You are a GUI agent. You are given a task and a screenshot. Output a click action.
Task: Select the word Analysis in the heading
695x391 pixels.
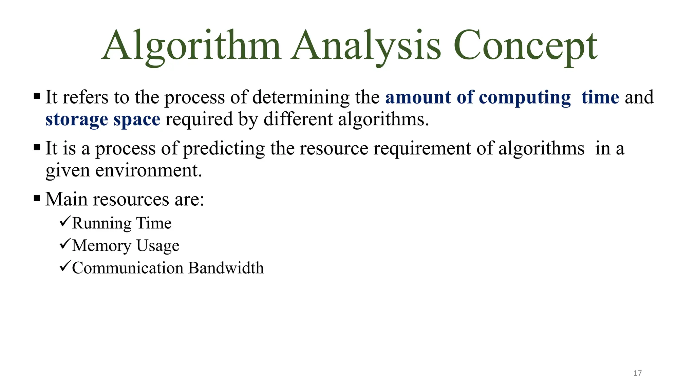click(366, 46)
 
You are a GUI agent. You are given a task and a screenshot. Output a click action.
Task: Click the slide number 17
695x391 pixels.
click(637, 373)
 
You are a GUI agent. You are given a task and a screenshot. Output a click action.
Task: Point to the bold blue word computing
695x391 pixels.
click(525, 98)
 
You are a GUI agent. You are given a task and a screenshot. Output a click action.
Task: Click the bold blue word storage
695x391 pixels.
click(77, 119)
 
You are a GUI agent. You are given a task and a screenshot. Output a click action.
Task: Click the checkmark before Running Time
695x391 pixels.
click(65, 222)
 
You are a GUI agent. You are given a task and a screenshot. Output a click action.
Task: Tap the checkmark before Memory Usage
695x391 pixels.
click(65, 244)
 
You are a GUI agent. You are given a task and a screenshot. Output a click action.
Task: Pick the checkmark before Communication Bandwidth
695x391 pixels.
click(65, 266)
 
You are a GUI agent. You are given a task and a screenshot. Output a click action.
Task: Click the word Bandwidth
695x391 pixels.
click(226, 268)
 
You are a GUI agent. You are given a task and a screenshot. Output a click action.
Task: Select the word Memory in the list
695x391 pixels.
click(101, 246)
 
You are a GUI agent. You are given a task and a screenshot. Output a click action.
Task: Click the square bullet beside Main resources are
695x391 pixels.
click(37, 198)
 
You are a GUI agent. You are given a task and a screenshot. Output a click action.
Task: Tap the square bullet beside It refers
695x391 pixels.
click(37, 96)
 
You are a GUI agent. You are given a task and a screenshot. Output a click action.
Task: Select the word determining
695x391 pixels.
click(301, 98)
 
